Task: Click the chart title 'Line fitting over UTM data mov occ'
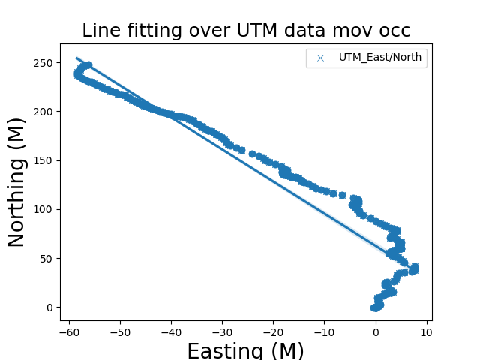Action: [x=246, y=31]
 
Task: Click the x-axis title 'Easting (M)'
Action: [x=246, y=350]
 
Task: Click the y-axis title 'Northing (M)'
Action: [x=16, y=182]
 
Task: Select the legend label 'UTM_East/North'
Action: [x=380, y=58]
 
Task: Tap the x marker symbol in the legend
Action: [x=322, y=58]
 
